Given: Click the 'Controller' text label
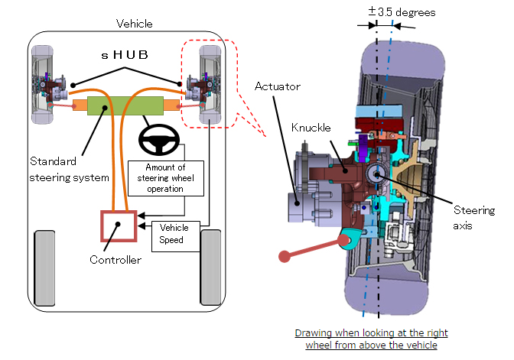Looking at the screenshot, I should coord(117,261).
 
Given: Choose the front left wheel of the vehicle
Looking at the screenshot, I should coord(39,85).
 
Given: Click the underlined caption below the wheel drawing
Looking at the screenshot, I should coord(371,339).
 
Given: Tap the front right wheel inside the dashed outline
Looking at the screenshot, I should coord(209,85).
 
